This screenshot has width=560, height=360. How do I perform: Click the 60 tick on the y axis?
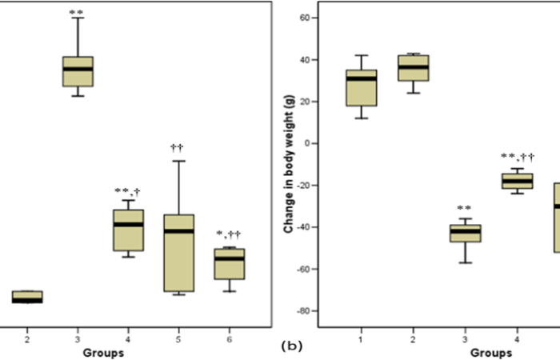tap(305, 17)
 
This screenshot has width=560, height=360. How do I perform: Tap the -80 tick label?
tap(302, 311)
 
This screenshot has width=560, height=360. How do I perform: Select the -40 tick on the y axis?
tap(302, 227)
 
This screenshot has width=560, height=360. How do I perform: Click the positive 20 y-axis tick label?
tap(305, 102)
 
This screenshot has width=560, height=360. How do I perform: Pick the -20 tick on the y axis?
tap(302, 186)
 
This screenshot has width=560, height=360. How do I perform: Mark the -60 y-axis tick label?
tap(302, 270)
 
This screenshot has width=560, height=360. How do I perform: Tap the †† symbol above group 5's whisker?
tap(178, 147)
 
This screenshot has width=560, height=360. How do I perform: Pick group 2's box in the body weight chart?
tap(414, 67)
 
